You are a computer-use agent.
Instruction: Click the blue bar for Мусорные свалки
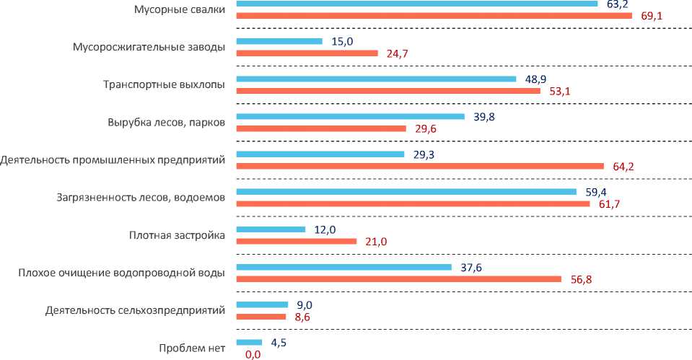(416, 4)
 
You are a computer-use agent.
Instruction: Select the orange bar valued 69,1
(434, 15)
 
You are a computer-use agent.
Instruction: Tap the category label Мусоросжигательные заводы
(149, 47)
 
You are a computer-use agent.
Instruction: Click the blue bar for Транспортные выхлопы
(376, 79)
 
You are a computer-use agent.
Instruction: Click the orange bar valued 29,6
(321, 128)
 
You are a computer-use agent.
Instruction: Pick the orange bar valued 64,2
(420, 166)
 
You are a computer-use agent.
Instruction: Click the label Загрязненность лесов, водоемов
(140, 197)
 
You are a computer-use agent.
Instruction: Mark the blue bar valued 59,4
(406, 191)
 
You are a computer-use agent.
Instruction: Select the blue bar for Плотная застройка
(271, 229)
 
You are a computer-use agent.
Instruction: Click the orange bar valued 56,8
(398, 278)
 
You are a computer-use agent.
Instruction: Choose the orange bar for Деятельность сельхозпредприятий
(260, 316)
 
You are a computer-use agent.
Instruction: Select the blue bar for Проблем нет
(249, 342)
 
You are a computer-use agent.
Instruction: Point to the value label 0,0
(253, 354)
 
